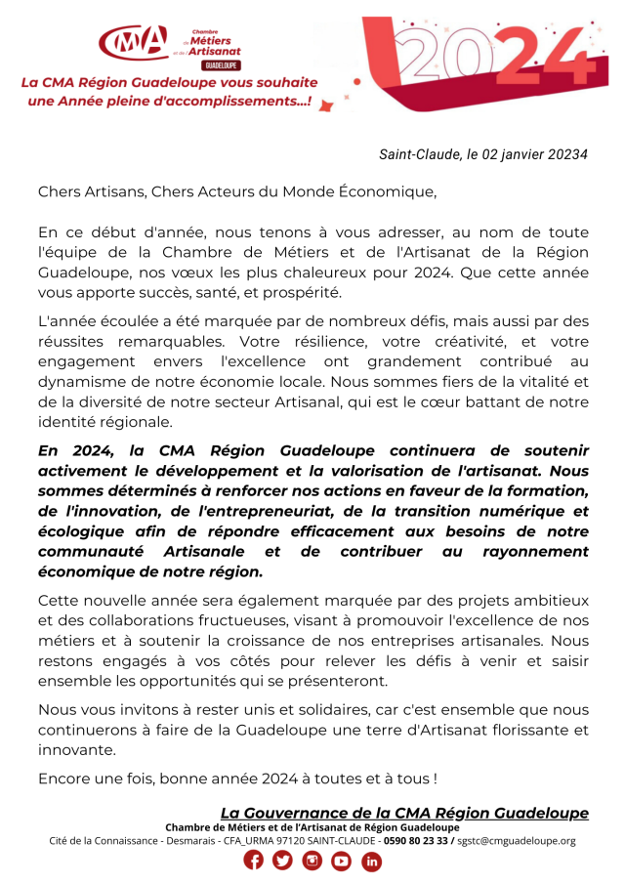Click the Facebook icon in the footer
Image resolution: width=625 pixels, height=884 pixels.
[254, 861]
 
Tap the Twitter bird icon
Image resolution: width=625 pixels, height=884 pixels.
[283, 861]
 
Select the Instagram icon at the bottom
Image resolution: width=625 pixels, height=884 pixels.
[312, 861]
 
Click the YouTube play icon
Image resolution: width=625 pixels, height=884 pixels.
[342, 861]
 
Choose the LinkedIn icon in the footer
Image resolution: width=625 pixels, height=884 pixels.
[372, 861]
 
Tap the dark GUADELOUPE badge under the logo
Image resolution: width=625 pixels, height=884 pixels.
[221, 65]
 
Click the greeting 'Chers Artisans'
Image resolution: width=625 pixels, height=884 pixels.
[90, 191]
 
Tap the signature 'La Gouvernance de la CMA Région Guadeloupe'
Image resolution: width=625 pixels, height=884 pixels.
[404, 813]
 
